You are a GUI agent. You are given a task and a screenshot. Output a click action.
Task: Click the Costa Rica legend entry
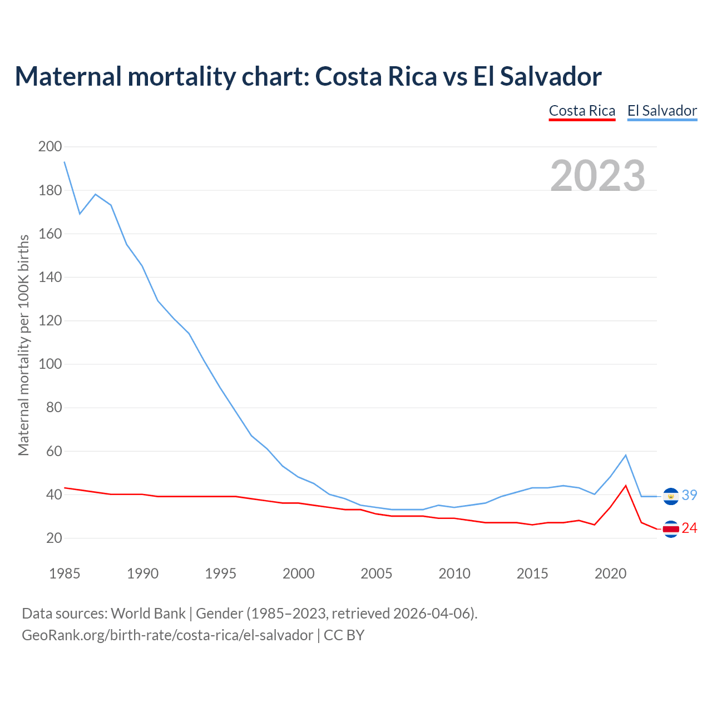tap(582, 111)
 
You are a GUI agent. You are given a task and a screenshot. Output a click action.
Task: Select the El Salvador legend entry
tap(662, 111)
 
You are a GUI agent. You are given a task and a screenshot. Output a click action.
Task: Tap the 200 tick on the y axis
tap(50, 147)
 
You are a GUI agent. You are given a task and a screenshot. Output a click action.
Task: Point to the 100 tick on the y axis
tap(50, 364)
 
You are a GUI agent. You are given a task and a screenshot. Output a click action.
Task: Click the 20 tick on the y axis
tap(53, 538)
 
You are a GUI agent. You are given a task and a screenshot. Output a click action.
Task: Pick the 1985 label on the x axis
tap(65, 573)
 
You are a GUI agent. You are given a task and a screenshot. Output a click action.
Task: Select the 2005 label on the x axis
tap(377, 573)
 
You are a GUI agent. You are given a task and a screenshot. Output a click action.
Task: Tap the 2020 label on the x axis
tap(610, 573)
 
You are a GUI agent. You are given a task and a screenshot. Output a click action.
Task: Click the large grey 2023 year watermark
tap(598, 175)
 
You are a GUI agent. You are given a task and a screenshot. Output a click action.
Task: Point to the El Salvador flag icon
tap(671, 496)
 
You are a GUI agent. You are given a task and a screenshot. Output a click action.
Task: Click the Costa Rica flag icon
tap(671, 529)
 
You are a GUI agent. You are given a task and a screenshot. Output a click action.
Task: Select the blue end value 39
tap(689, 495)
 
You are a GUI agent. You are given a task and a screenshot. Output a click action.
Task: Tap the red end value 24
tap(689, 528)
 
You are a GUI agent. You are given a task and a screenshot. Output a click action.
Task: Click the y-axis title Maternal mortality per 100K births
tap(23, 345)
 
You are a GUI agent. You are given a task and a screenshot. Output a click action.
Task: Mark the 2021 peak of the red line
tap(626, 486)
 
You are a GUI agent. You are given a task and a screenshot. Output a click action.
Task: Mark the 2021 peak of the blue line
tap(626, 455)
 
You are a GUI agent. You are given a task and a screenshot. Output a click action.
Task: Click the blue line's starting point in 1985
tap(65, 162)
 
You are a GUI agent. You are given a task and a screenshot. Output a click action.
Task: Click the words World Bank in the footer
tap(148, 614)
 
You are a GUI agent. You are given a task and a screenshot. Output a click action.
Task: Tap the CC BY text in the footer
tap(344, 635)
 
